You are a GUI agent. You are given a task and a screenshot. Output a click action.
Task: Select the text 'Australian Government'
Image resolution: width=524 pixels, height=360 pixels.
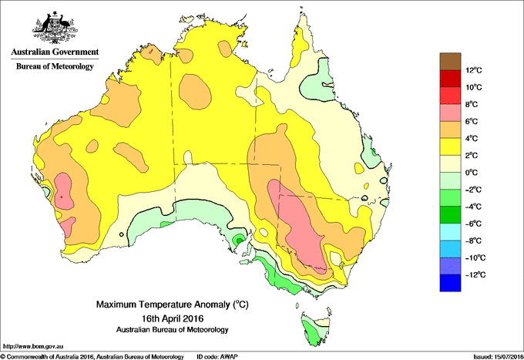55,53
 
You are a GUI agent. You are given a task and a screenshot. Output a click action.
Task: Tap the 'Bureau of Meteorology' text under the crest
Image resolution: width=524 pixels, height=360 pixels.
55,67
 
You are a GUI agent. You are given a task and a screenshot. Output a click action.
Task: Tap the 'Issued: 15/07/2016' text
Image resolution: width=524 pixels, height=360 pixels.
495,356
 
